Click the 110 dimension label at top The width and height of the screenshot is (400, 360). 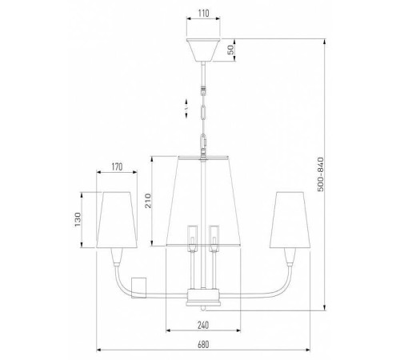tap(203, 14)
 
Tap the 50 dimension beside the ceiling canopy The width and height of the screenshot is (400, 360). tap(231, 50)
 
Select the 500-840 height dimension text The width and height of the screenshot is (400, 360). tap(321, 174)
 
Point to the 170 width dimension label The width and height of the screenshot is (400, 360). tap(117, 167)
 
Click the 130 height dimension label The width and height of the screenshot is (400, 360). tap(77, 219)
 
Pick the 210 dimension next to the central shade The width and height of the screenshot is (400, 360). tap(147, 201)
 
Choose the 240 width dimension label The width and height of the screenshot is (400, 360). tap(203, 325)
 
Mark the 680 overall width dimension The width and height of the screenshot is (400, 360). tap(203, 345)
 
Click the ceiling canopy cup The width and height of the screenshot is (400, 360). tap(203, 50)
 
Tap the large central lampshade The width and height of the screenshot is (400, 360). tap(203, 201)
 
